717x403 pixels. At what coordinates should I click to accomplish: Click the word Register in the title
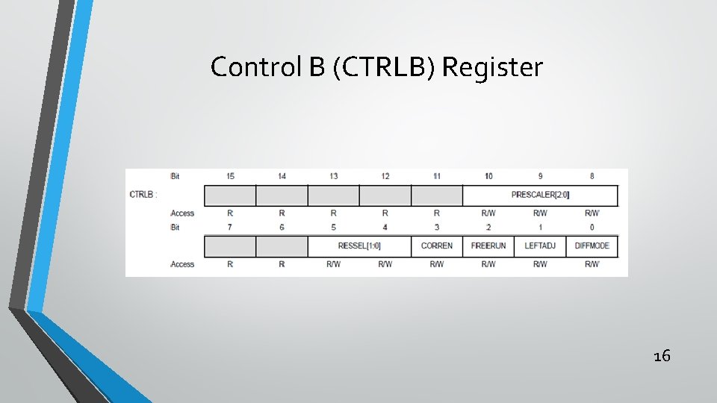pyautogui.click(x=492, y=67)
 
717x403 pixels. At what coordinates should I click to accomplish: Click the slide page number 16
pyautogui.click(x=661, y=356)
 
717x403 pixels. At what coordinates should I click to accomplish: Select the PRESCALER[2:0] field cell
pyautogui.click(x=540, y=195)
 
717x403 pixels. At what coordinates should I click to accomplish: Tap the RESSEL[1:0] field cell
pyautogui.click(x=359, y=246)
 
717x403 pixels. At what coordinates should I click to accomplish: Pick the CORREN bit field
pyautogui.click(x=437, y=246)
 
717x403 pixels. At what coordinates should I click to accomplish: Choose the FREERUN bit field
pyautogui.click(x=488, y=246)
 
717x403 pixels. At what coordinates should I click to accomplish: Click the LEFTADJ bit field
pyautogui.click(x=540, y=246)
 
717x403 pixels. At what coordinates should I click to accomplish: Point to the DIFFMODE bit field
pyautogui.click(x=592, y=246)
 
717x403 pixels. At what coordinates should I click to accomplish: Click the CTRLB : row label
pyautogui.click(x=143, y=195)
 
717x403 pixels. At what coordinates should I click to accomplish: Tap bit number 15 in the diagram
pyautogui.click(x=230, y=176)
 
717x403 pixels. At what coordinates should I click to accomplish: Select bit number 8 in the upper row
pyautogui.click(x=592, y=176)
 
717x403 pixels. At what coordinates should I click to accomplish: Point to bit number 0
pyautogui.click(x=592, y=226)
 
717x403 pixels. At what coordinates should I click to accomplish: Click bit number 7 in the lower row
pyautogui.click(x=230, y=226)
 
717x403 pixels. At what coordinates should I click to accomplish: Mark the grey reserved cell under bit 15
pyautogui.click(x=230, y=196)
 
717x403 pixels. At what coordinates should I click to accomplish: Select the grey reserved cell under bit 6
pyautogui.click(x=282, y=246)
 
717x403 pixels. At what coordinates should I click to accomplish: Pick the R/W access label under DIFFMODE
pyautogui.click(x=592, y=263)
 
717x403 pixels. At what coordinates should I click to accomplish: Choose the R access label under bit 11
pyautogui.click(x=437, y=213)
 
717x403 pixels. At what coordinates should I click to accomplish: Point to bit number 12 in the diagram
pyautogui.click(x=385, y=176)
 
